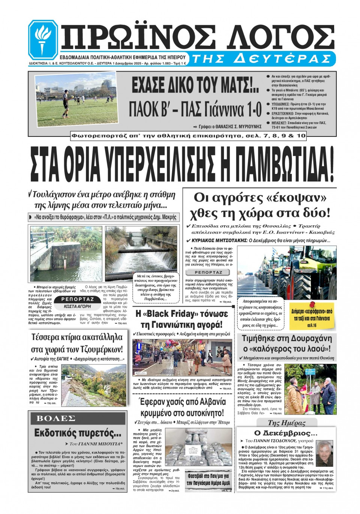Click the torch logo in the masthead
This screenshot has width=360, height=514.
pyautogui.click(x=43, y=40)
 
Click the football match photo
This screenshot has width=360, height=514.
pyautogui.click(x=76, y=99)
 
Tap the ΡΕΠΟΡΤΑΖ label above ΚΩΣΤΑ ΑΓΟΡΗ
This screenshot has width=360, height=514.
pyautogui.click(x=78, y=299)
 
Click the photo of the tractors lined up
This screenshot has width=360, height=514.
pyautogui.click(x=287, y=271)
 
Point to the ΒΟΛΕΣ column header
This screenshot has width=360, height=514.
pyautogui.click(x=56, y=418)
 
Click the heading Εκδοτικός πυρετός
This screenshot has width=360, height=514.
pyautogui.click(x=78, y=433)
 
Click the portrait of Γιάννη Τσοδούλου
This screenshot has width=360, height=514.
pyautogui.click(x=324, y=453)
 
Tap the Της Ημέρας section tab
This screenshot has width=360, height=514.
pyautogui.click(x=286, y=423)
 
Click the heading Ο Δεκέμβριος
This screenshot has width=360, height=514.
pyautogui.click(x=286, y=433)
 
